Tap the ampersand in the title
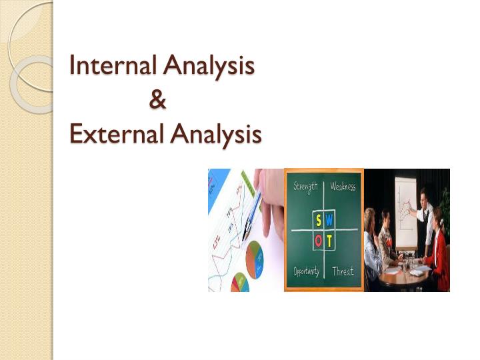(158, 101)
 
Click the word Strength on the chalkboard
(305, 187)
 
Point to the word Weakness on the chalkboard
(343, 187)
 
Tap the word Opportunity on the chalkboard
(307, 271)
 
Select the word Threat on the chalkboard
(343, 271)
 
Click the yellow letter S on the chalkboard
(319, 221)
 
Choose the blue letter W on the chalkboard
(329, 221)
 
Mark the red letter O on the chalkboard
(319, 239)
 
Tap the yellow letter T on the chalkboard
(329, 239)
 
